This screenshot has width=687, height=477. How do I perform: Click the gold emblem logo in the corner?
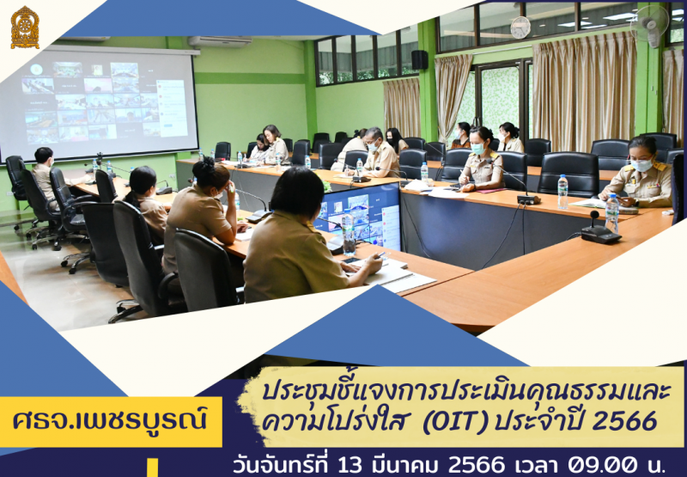coord(25,28)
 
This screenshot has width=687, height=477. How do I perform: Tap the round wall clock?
coord(520,28)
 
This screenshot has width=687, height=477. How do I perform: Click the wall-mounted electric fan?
coord(651,26)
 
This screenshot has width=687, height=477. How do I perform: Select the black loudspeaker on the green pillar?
coord(419,59)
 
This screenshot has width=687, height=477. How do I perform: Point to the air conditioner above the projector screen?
coord(220,41)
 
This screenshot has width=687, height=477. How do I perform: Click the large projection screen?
coord(100,102)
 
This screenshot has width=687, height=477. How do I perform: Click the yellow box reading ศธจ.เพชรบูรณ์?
coord(111,422)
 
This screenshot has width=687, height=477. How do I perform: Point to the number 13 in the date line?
coord(351,464)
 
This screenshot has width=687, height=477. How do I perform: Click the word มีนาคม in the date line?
coord(406,464)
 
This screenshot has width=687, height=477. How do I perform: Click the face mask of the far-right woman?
coord(642,165)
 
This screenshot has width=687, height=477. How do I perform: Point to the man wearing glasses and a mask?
coord(380,154)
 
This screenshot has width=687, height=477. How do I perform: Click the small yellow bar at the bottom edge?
coord(152,468)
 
